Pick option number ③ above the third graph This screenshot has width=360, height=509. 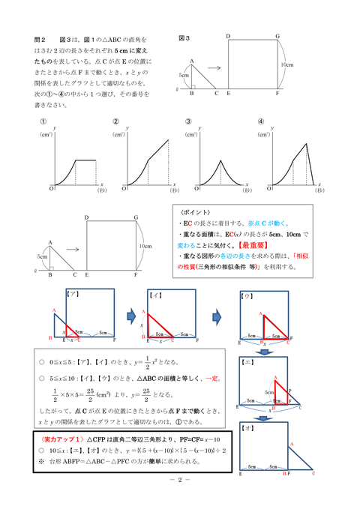(188, 122)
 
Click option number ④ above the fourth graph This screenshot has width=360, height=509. (260, 122)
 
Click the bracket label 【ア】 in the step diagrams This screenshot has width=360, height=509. (73, 295)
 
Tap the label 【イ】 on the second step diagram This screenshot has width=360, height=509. (156, 295)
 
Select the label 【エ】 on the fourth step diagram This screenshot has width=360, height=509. (246, 361)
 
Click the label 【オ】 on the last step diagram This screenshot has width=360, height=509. (246, 427)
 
